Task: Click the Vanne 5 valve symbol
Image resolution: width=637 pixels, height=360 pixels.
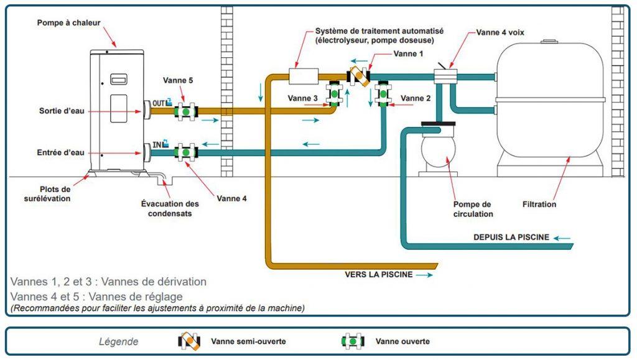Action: click(x=185, y=111)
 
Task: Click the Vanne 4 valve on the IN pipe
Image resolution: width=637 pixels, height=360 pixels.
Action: click(x=185, y=152)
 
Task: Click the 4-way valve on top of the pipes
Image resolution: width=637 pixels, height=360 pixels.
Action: click(x=445, y=76)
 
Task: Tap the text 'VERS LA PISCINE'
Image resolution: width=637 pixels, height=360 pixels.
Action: click(x=379, y=274)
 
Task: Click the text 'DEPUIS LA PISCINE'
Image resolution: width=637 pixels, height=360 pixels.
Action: click(x=511, y=237)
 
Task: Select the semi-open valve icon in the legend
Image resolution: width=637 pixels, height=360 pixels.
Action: click(x=188, y=341)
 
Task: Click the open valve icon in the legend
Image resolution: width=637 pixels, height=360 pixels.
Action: click(x=352, y=341)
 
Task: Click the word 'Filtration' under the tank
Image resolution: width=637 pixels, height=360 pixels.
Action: click(x=539, y=204)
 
